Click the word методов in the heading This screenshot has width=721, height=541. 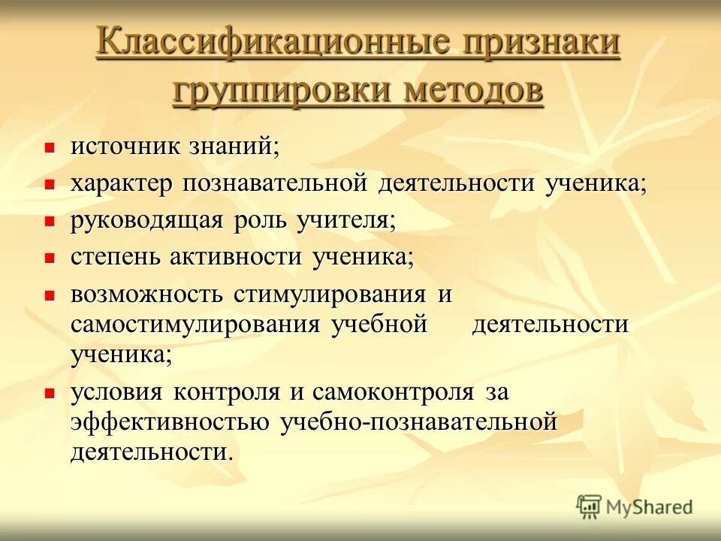click(x=473, y=91)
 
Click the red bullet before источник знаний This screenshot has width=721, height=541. click(x=50, y=148)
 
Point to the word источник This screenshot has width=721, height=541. click(x=125, y=146)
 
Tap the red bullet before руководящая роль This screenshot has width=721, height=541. click(x=50, y=222)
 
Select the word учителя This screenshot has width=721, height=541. click(x=341, y=220)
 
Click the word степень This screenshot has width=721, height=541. click(x=116, y=257)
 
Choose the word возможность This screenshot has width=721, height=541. click(x=146, y=294)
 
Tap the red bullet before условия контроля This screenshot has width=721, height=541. click(x=50, y=393)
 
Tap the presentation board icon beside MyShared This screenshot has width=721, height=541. click(x=590, y=506)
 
